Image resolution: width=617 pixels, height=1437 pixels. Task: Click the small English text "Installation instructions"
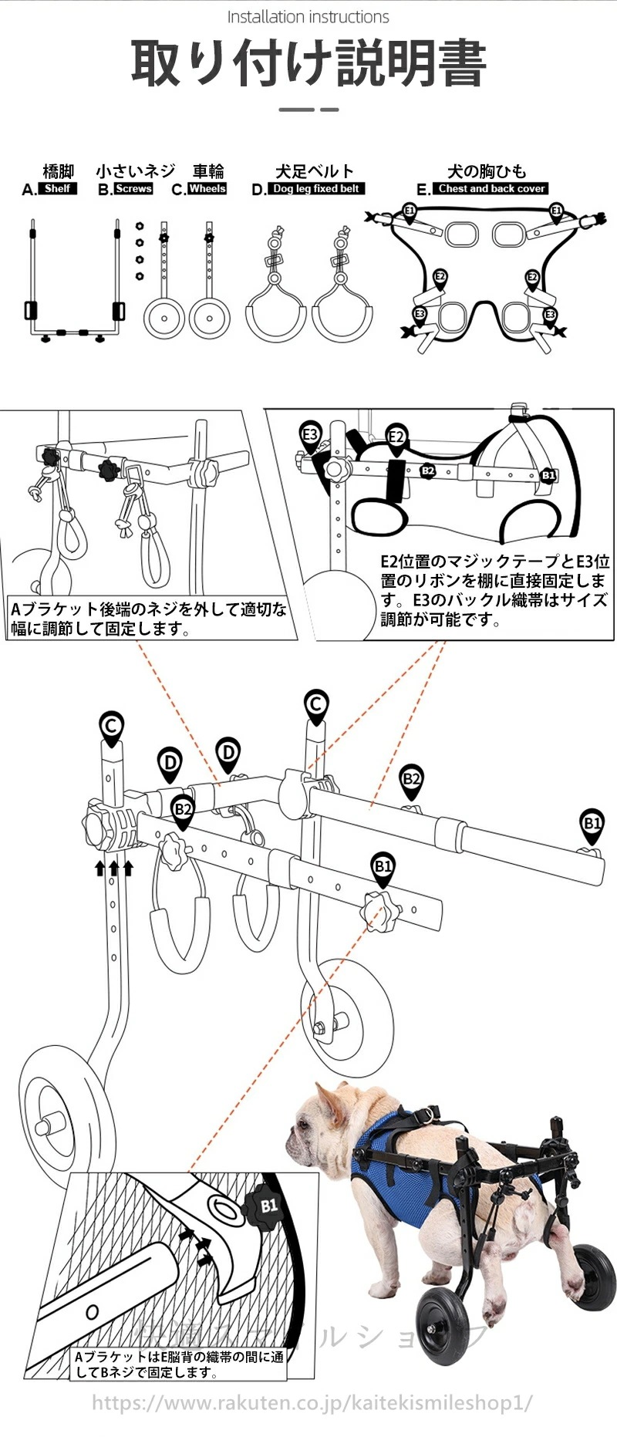pyautogui.click(x=308, y=17)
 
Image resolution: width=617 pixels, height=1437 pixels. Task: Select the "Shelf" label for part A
pyautogui.click(x=57, y=188)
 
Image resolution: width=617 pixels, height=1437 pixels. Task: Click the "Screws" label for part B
pyautogui.click(x=133, y=188)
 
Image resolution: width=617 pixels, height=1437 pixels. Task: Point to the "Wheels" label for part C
pyautogui.click(x=207, y=188)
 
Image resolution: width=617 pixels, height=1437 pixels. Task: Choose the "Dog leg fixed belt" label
pyautogui.click(x=316, y=188)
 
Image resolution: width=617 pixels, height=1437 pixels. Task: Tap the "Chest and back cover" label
pyautogui.click(x=491, y=188)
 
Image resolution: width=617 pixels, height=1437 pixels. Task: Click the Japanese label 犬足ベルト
pyautogui.click(x=315, y=171)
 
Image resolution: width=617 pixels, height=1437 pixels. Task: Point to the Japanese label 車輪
pyautogui.click(x=207, y=171)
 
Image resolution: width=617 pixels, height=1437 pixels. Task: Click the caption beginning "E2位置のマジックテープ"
pyautogui.click(x=494, y=590)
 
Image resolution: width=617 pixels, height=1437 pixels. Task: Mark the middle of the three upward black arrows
pyautogui.click(x=114, y=868)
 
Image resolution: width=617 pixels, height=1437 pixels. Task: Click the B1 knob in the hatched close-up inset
pyautogui.click(x=265, y=1206)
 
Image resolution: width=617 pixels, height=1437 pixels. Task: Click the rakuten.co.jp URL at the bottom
pyautogui.click(x=312, y=1402)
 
